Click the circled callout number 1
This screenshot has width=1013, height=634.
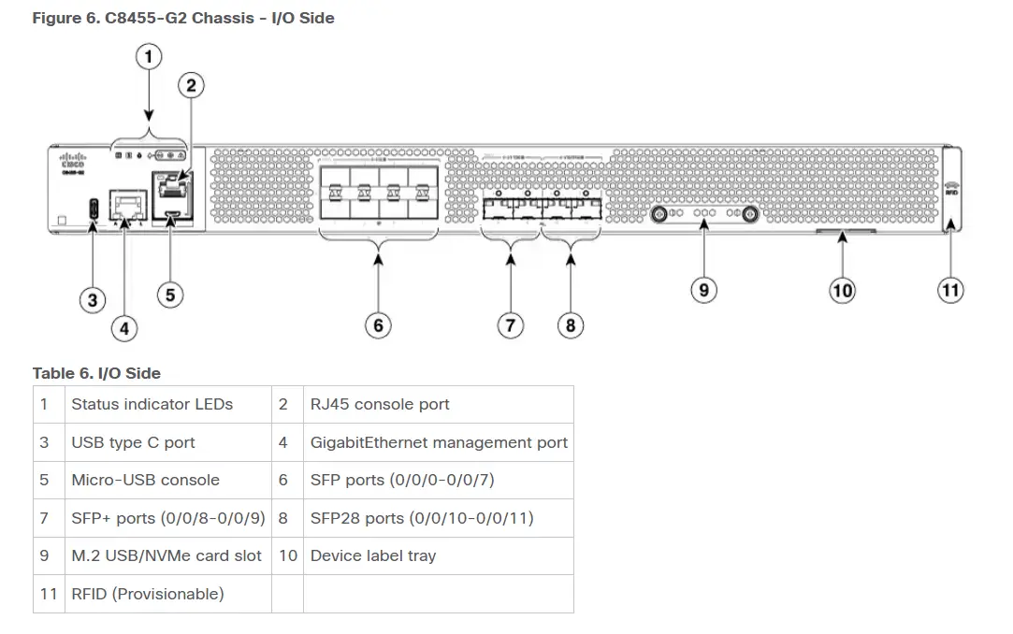(x=149, y=56)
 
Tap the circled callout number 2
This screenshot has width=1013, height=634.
(x=191, y=86)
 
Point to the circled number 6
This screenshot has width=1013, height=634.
(x=378, y=324)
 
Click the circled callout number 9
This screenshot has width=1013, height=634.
(x=703, y=290)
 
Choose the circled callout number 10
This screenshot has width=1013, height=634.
(x=843, y=290)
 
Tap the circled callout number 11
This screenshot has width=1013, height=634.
(x=950, y=290)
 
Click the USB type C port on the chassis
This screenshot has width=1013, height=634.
(x=94, y=208)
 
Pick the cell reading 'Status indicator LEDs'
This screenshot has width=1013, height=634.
(x=152, y=405)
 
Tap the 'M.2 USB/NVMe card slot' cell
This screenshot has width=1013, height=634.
(x=166, y=555)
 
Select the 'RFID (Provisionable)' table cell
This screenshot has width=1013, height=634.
(x=148, y=594)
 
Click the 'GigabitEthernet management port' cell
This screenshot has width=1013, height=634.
(x=439, y=442)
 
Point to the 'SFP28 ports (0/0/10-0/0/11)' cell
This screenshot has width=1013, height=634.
(x=422, y=518)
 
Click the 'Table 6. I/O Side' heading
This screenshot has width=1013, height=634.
(x=96, y=373)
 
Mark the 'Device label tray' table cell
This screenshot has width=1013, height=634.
(x=373, y=555)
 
